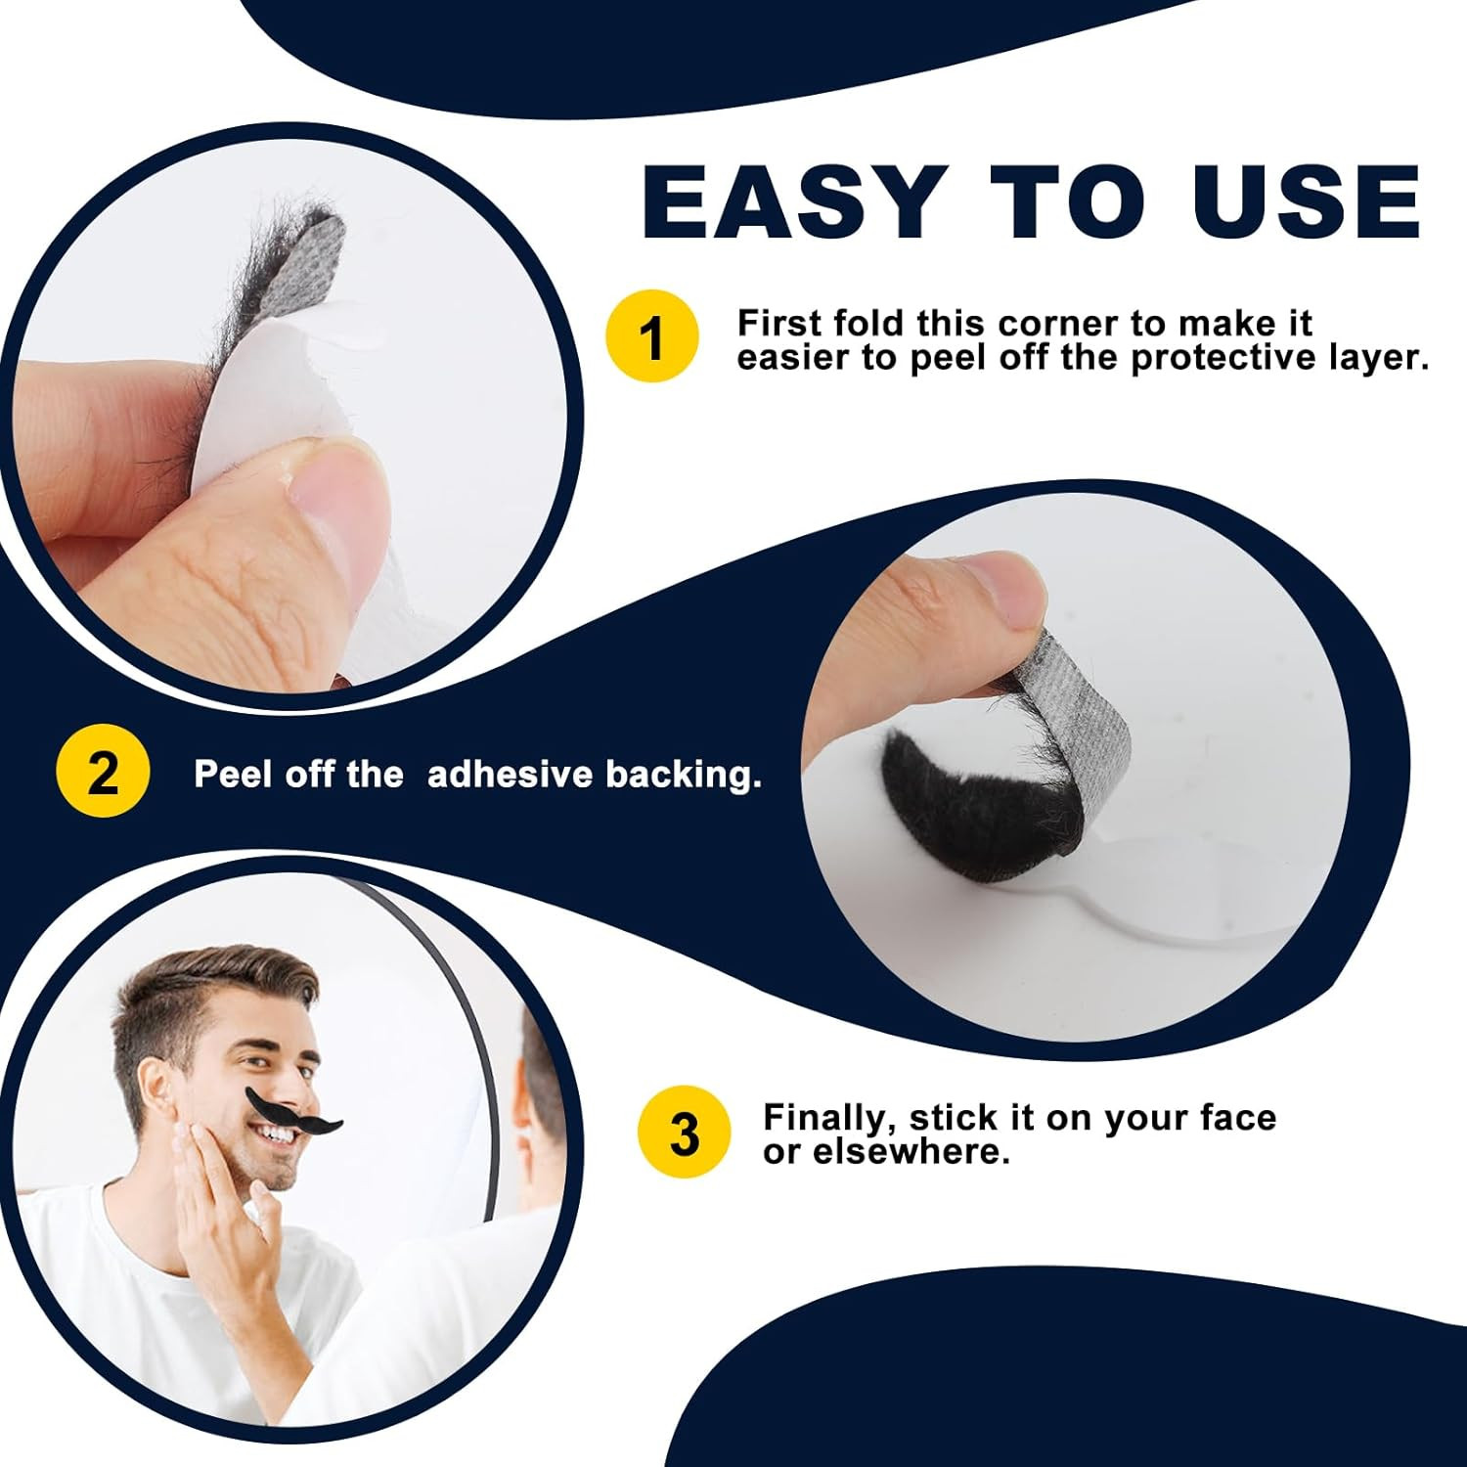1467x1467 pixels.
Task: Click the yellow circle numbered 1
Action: (x=652, y=336)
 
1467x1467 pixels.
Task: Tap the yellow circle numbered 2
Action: (x=103, y=774)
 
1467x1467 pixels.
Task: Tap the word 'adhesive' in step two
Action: (x=510, y=775)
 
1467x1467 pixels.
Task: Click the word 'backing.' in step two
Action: (x=683, y=775)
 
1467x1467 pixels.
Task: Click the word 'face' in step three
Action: (x=1237, y=1117)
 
